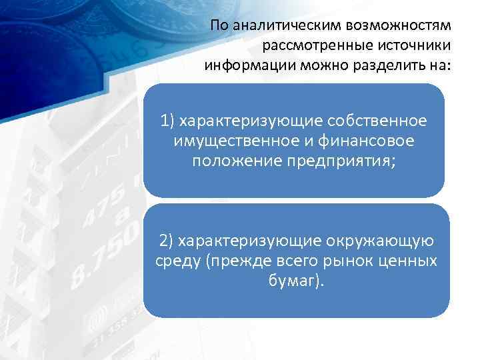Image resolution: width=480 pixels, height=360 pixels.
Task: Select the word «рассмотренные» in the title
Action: click(x=310, y=47)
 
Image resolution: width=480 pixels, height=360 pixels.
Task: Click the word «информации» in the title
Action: click(x=245, y=67)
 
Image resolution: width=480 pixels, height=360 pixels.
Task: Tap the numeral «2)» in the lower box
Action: click(x=167, y=241)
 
